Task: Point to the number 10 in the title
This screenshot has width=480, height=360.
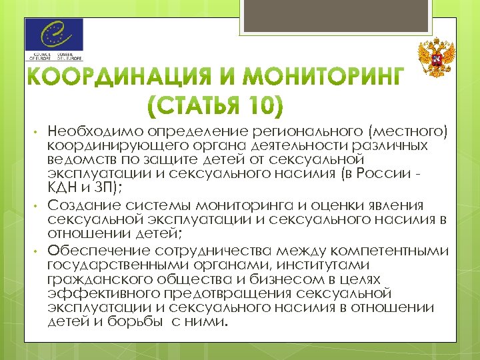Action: click(260, 107)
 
